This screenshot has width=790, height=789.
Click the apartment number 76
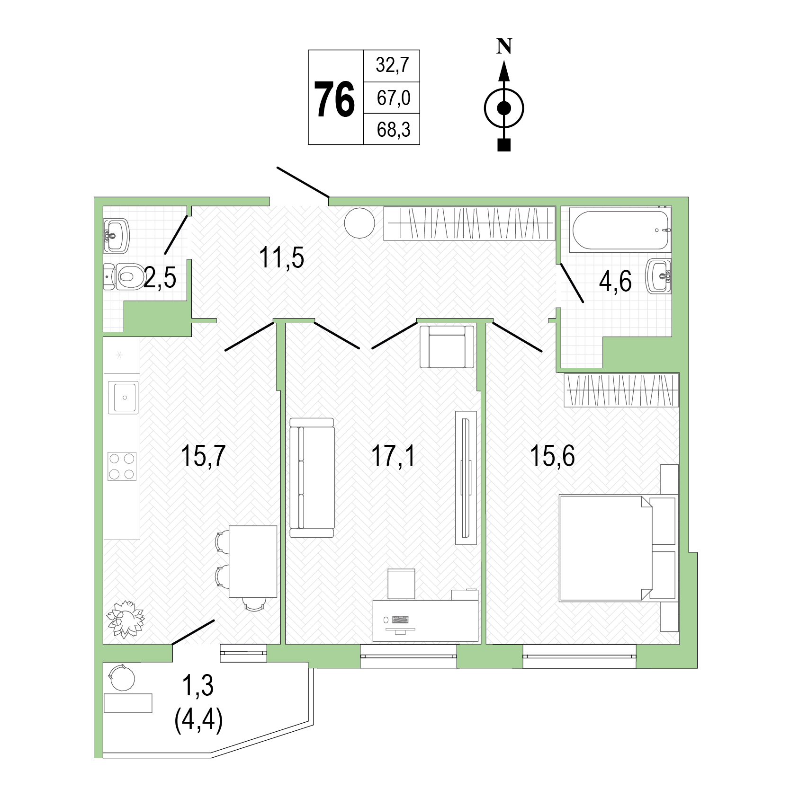pos(335,98)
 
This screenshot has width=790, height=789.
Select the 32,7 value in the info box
pos(392,65)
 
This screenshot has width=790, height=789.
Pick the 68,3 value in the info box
pos(392,129)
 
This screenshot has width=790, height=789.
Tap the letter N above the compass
pos(504,46)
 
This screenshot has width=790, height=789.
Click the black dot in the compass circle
pos(504,109)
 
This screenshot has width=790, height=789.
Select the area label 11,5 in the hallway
pos(281,258)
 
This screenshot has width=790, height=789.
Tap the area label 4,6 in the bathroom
pos(615,283)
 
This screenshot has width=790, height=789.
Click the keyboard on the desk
pos(401,619)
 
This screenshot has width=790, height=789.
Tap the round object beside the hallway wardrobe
pos(359,223)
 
